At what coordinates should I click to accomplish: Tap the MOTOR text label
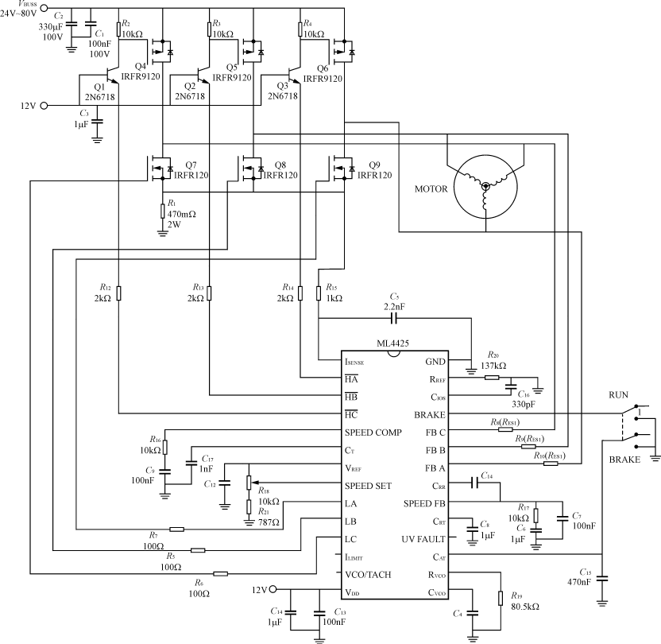[431, 188]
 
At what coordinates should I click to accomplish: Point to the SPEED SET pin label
[369, 485]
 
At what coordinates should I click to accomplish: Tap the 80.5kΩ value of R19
[525, 607]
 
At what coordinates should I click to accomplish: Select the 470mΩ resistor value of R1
[182, 213]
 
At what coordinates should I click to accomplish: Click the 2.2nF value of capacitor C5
[393, 305]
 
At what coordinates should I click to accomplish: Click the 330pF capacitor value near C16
[526, 404]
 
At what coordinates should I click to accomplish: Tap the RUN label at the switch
[618, 394]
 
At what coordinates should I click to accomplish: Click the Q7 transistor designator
[191, 164]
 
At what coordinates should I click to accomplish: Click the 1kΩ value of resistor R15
[334, 298]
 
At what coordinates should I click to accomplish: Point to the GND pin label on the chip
[435, 362]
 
